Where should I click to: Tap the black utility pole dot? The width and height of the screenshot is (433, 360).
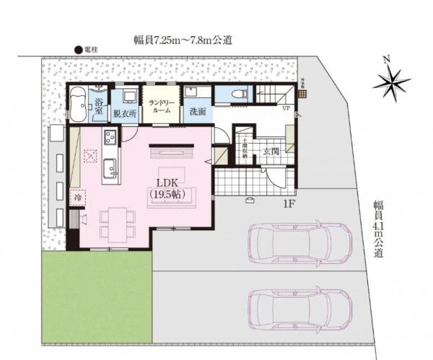pyautogui.click(x=79, y=49)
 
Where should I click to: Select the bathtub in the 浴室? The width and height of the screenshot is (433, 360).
pyautogui.click(x=79, y=105)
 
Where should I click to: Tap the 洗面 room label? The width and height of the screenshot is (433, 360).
pyautogui.click(x=198, y=113)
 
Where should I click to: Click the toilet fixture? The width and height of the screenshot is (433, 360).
pyautogui.click(x=240, y=95)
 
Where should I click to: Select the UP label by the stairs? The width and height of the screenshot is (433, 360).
pyautogui.click(x=286, y=108)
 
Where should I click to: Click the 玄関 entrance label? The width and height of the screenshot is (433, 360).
pyautogui.click(x=271, y=152)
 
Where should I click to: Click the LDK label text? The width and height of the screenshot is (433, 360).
pyautogui.click(x=166, y=183)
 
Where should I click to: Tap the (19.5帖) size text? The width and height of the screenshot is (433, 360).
pyautogui.click(x=167, y=194)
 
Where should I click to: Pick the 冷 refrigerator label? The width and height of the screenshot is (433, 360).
pyautogui.click(x=76, y=196)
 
